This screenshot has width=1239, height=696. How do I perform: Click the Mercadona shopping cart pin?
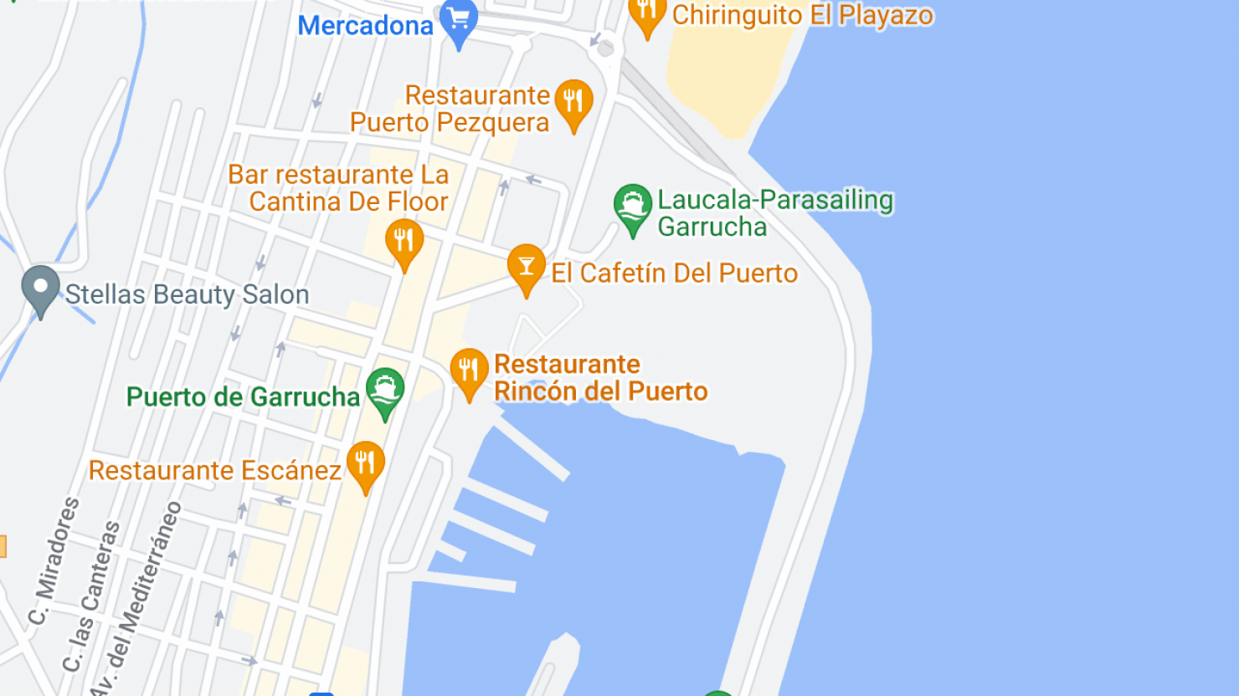(x=459, y=20)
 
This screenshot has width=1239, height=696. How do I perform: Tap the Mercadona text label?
(x=365, y=26)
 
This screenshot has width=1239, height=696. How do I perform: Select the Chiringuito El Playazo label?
(x=802, y=15)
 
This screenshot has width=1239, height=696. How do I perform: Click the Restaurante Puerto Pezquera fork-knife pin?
(x=573, y=103)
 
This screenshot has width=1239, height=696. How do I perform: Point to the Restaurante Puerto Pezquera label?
(x=450, y=109)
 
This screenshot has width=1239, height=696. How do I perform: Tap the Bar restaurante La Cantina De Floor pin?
(x=404, y=242)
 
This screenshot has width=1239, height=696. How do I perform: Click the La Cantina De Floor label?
(x=339, y=188)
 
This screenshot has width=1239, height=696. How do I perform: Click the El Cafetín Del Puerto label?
(x=674, y=273)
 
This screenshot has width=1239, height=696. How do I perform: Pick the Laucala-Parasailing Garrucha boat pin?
(x=633, y=207)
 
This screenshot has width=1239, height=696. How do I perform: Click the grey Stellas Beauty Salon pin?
(x=40, y=289)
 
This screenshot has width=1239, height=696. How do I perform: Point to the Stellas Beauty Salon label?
(x=187, y=294)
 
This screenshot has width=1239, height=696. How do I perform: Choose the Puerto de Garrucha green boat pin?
(x=385, y=391)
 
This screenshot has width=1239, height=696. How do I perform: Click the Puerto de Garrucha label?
(x=243, y=397)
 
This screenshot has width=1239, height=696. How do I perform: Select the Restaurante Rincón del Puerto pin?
(x=470, y=371)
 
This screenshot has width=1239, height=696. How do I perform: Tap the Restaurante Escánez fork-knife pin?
(x=366, y=464)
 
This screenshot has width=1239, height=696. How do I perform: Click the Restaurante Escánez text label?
(x=215, y=470)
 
